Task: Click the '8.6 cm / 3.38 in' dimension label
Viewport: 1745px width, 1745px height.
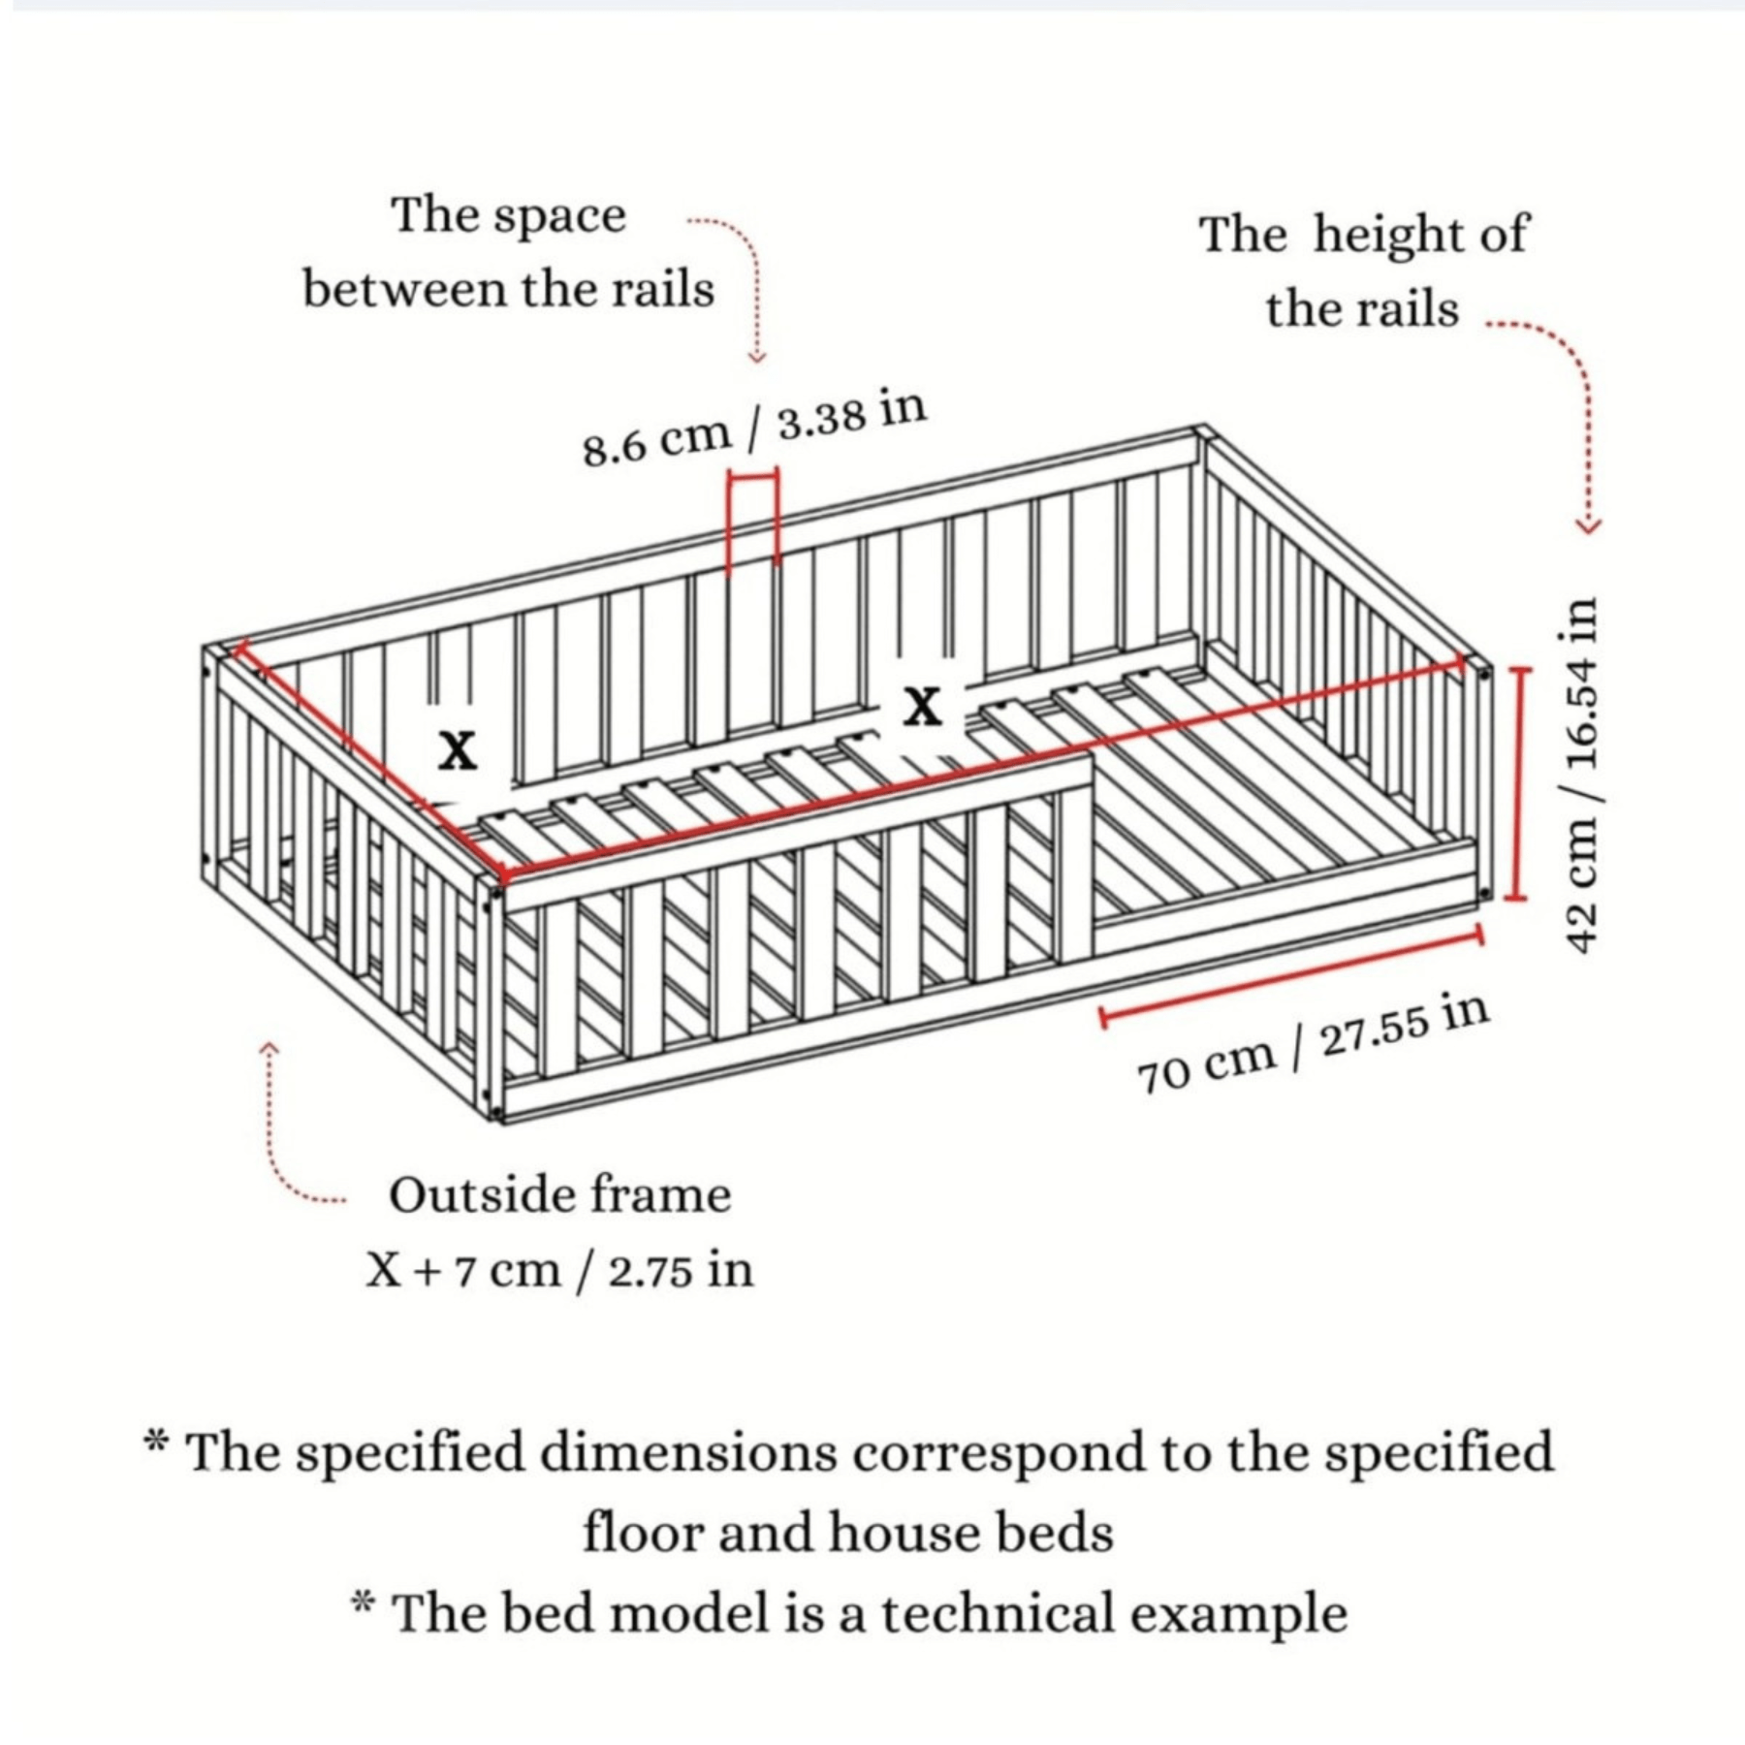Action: coord(754,428)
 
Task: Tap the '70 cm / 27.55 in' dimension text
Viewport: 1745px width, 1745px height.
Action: coord(1312,1045)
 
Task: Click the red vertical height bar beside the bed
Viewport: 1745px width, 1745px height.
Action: coord(1518,782)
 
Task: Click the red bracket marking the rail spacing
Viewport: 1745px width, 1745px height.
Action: coord(753,514)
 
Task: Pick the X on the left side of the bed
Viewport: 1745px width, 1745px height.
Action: coord(457,749)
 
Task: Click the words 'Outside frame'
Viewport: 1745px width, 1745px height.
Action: coord(559,1194)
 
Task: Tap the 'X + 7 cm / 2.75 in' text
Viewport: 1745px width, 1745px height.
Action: coord(559,1270)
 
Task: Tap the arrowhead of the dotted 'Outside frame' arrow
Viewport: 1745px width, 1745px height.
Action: coord(270,1049)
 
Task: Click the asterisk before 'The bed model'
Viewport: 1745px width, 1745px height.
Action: coord(363,1603)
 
